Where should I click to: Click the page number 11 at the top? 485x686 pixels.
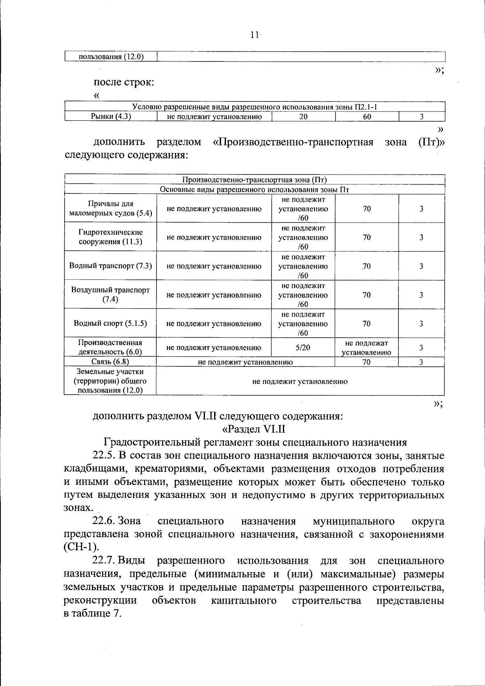254,35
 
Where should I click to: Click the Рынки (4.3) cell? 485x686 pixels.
110,117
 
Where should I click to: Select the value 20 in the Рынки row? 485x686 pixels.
303,117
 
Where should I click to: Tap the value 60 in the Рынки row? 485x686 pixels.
367,117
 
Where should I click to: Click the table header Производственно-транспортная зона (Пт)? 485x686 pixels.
255,180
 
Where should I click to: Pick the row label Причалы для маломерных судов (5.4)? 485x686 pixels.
110,208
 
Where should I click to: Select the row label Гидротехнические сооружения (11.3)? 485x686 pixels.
110,237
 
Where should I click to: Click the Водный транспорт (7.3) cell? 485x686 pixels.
110,266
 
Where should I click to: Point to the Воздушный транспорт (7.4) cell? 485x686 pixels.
110,295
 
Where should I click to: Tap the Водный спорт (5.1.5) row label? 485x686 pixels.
110,323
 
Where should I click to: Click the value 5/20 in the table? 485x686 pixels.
303,347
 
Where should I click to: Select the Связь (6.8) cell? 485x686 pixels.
110,362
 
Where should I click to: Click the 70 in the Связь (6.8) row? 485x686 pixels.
366,362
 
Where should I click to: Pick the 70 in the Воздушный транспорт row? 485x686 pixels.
367,295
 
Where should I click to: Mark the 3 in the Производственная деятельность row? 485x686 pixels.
421,347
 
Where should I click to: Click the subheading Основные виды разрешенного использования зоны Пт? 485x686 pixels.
255,189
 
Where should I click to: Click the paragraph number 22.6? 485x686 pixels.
104,521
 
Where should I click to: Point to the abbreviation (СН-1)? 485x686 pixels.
81,547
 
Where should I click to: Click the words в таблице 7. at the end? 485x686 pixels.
93,613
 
